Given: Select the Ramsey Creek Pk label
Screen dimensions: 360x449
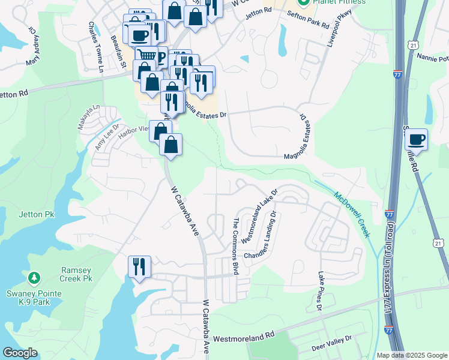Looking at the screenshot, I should tap(76, 275).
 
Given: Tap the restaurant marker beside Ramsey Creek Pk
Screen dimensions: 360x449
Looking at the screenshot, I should tap(140, 266).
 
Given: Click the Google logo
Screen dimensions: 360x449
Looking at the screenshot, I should tap(20, 352).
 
